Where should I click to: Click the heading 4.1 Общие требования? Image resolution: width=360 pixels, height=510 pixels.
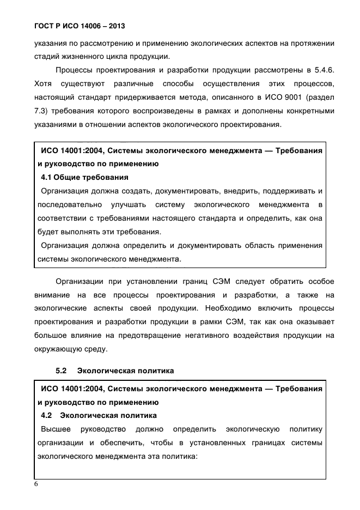[x=84, y=177]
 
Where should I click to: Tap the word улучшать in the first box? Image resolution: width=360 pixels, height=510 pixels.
[x=128, y=205]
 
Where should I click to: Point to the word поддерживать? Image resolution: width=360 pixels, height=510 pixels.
[x=285, y=191]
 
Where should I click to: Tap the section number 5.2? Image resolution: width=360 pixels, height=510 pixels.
[x=61, y=371]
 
